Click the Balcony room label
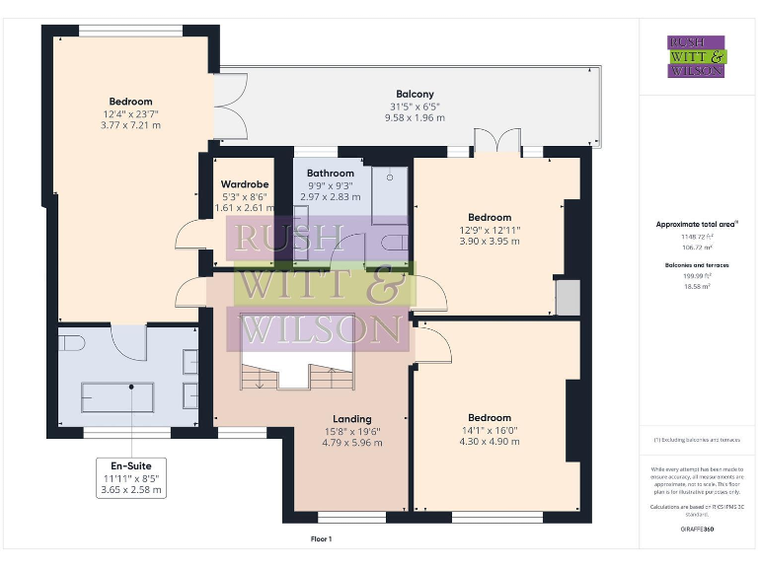click(415, 94)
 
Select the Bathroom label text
click(330, 174)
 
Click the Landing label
click(351, 417)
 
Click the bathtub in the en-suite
click(117, 397)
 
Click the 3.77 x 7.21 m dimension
click(130, 125)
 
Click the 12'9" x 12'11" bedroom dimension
click(490, 230)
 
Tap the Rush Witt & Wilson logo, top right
click(696, 56)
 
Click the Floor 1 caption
click(321, 539)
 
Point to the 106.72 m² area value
click(696, 248)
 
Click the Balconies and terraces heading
click(696, 266)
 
